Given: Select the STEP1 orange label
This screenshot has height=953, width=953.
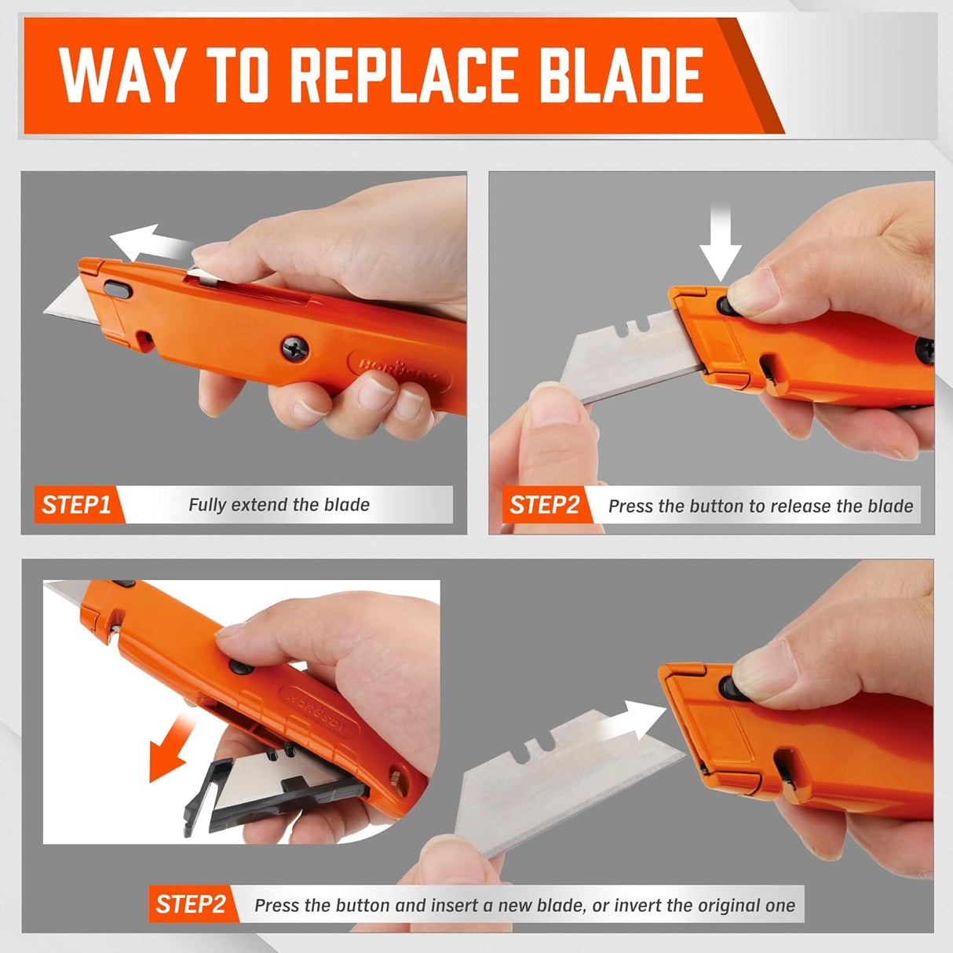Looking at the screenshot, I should coord(77,505).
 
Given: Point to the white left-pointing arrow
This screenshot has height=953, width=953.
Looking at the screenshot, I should coord(149,243).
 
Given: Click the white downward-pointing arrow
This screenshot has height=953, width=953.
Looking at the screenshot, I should coord(720,243).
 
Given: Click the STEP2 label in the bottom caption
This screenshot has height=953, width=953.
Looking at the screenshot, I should coord(191,904).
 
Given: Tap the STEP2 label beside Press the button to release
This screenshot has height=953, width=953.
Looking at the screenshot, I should coord(544,505).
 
